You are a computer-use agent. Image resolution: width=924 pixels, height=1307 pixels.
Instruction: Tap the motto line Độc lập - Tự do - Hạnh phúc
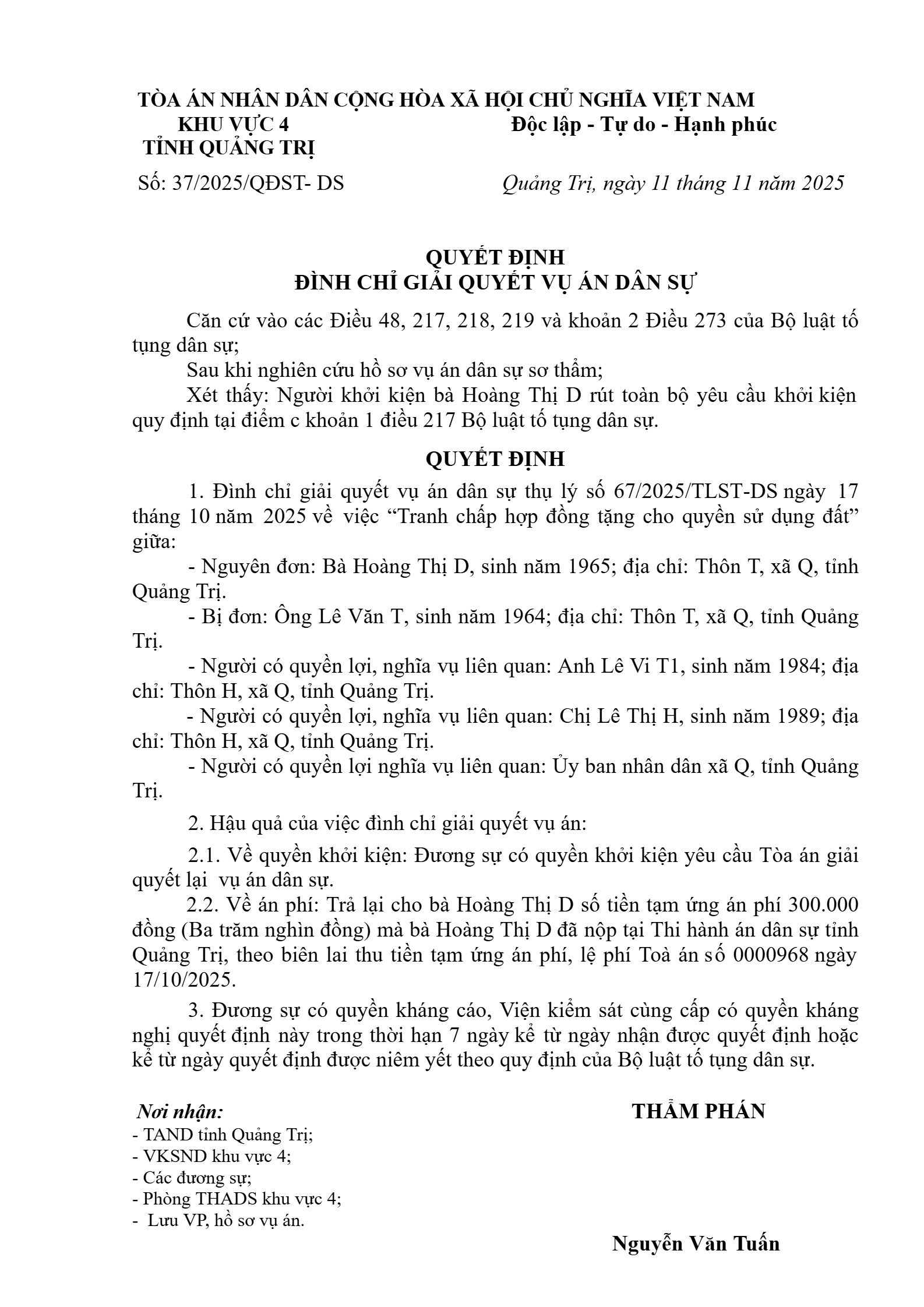click(644, 125)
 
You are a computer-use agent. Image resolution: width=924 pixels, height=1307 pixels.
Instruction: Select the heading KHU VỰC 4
click(233, 125)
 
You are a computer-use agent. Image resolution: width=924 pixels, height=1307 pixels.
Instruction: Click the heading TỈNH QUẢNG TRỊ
click(229, 149)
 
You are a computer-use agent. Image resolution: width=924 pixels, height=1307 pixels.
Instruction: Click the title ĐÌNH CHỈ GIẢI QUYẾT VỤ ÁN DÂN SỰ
click(495, 282)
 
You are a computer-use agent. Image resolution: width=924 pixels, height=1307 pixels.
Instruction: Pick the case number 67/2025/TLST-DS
click(696, 492)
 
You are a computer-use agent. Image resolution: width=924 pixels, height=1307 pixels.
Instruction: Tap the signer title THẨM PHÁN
click(699, 1111)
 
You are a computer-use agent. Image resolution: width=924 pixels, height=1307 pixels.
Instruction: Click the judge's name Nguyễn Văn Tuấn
click(696, 1244)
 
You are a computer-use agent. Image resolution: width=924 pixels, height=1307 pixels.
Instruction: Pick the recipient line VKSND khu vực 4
click(211, 1156)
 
